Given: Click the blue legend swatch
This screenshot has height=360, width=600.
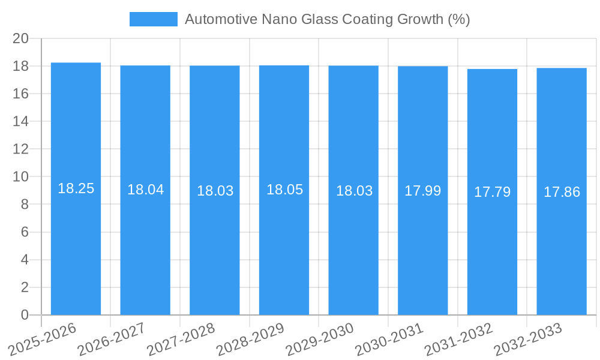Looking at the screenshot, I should coord(153,19).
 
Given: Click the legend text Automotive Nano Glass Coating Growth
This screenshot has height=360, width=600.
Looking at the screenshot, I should coord(327,19).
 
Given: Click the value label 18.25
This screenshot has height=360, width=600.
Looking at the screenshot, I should coord(76,188).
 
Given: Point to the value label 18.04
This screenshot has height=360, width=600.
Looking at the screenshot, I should coord(145,190).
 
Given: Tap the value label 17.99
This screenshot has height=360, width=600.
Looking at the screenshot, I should coord(422,191).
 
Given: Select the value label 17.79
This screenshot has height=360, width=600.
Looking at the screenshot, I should coord(492,192).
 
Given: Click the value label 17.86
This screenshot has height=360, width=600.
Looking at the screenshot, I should coord(562,192).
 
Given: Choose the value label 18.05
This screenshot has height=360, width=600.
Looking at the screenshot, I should coord(284,190).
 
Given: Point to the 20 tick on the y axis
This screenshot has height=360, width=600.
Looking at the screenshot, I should coord(20,38).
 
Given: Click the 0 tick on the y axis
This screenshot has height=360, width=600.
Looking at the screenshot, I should coord(25,315).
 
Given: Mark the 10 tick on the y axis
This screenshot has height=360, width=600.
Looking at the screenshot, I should coord(20,177).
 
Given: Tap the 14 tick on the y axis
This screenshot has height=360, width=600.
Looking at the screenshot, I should coord(20,121).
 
